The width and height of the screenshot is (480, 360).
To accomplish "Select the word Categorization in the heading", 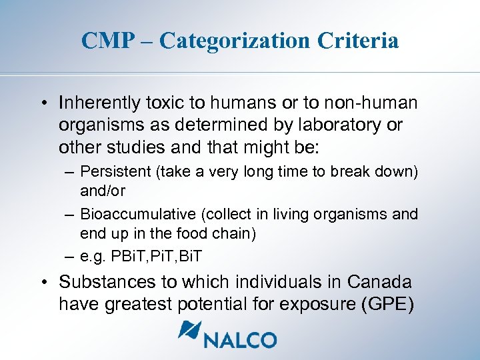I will pos(234,41).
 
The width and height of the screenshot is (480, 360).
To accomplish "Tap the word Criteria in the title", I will pos(358,41).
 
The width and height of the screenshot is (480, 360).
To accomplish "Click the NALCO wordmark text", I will pos(241,339).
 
